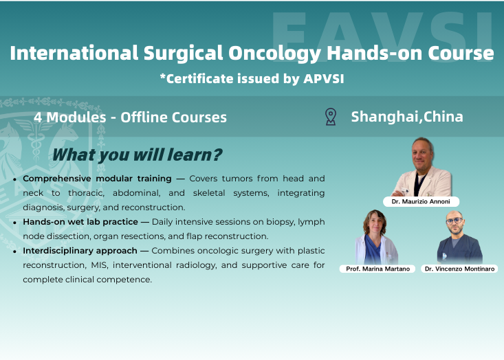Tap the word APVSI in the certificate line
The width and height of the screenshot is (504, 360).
pos(323,78)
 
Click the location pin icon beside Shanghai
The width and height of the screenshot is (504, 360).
pos(331,116)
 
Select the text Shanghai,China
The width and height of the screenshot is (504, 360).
pos(406,116)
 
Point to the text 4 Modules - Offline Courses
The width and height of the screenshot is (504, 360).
pos(130,117)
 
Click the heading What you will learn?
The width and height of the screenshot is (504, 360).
pos(137,155)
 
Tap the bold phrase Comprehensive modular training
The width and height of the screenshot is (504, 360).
pos(96,178)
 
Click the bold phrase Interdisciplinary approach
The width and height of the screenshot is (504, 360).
pos(80,250)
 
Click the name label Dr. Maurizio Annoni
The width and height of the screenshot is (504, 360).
pos(421,202)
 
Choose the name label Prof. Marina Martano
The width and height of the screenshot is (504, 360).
pos(377,269)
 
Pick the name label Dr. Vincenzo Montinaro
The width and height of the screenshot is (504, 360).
pos(459,269)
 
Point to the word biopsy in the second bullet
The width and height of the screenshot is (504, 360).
pos(272,221)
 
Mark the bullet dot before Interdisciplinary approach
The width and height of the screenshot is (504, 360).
pos(15,251)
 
